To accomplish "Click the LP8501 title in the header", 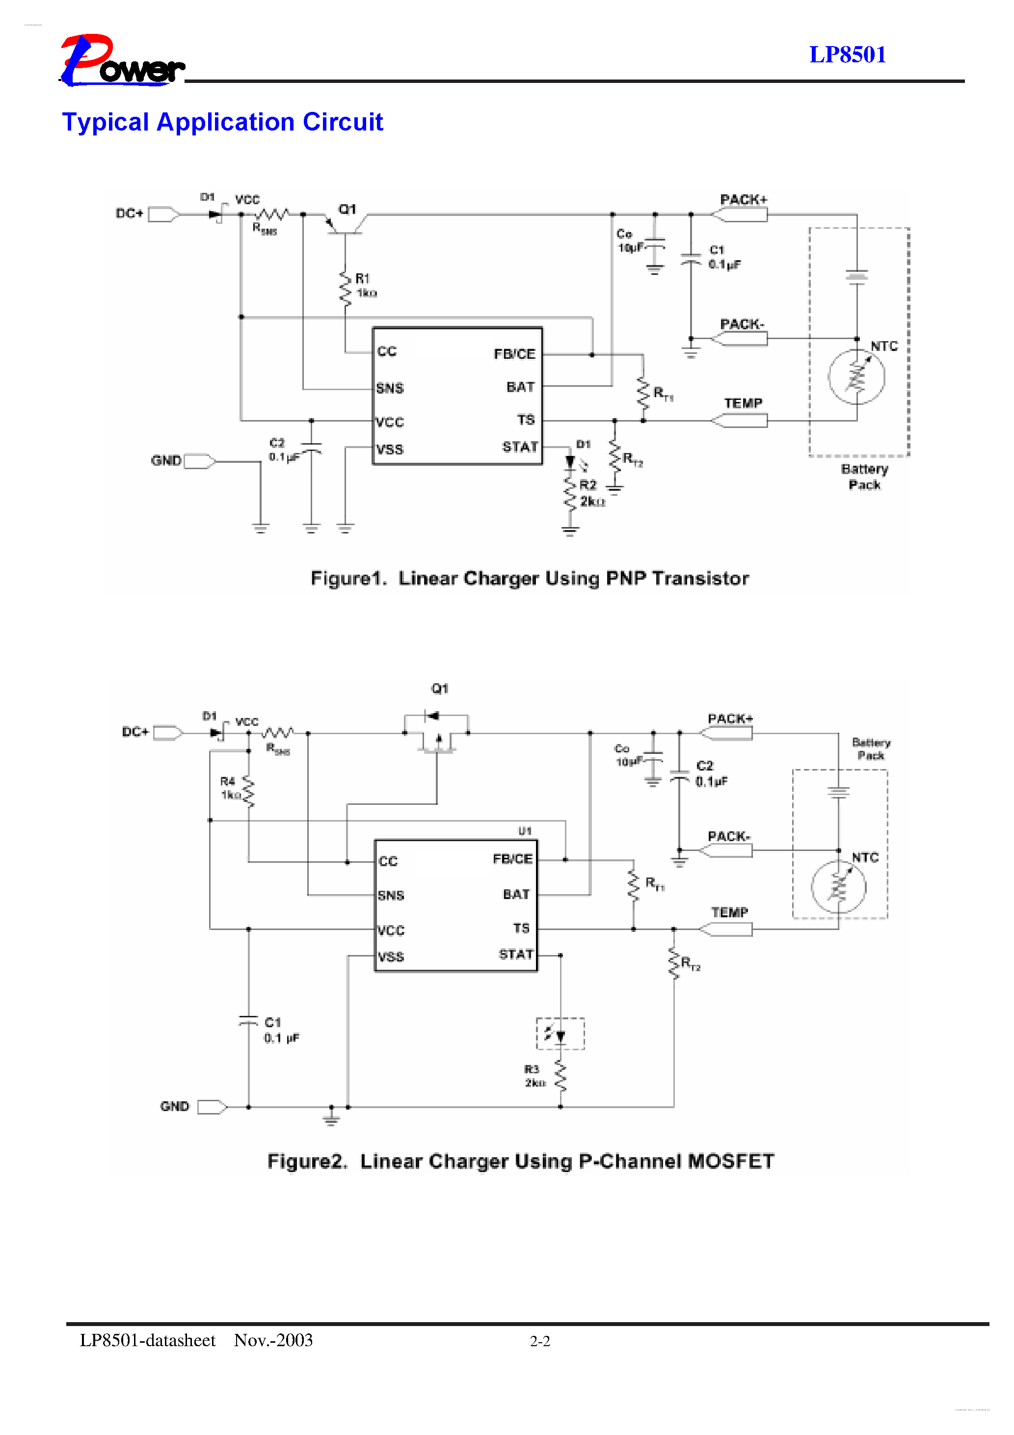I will pyautogui.click(x=847, y=55).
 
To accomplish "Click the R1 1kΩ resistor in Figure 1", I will pyautogui.click(x=345, y=288).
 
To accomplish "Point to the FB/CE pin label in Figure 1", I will pyautogui.click(x=514, y=354).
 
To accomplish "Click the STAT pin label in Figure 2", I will pyautogui.click(x=516, y=955).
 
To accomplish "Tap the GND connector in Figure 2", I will pyautogui.click(x=212, y=1107).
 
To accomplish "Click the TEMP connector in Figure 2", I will pyautogui.click(x=726, y=930).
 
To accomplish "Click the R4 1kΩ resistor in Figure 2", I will pyautogui.click(x=248, y=791).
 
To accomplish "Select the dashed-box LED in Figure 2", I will pyautogui.click(x=560, y=1034).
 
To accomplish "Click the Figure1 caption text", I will pyautogui.click(x=530, y=578).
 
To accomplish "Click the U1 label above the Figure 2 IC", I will pyautogui.click(x=525, y=831).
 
